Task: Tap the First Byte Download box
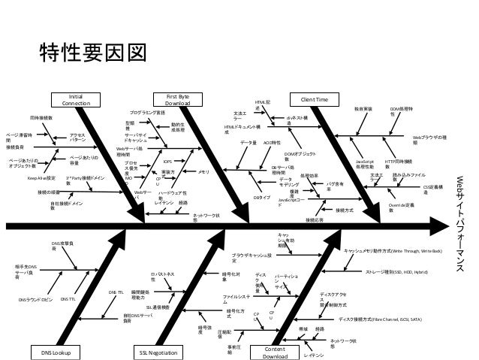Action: click(x=177, y=99)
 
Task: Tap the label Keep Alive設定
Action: click(x=42, y=179)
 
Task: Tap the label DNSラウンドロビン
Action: click(x=35, y=299)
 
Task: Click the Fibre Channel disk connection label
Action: click(x=381, y=298)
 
